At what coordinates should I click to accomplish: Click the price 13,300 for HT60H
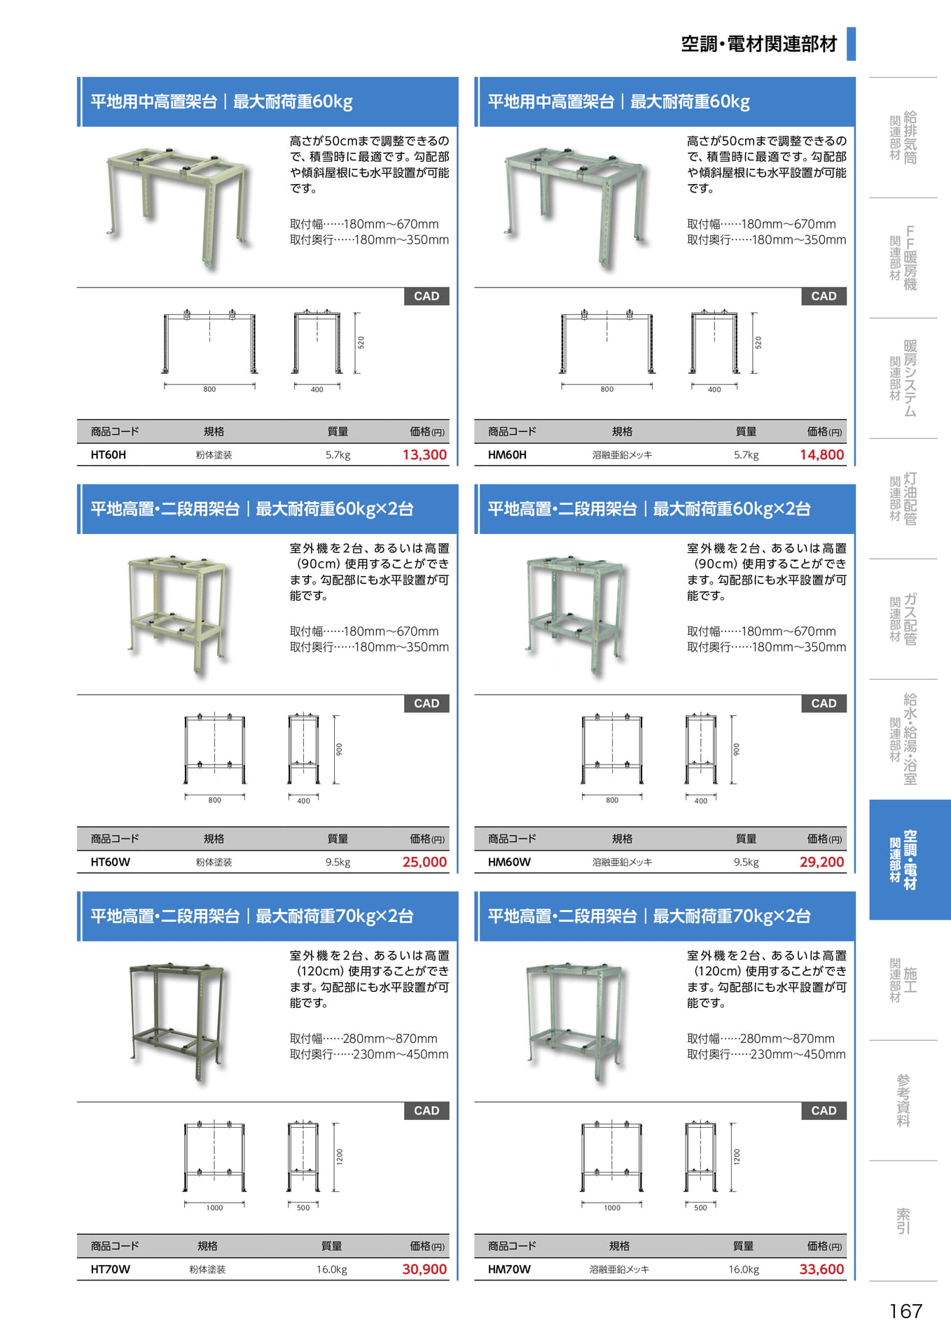[424, 455]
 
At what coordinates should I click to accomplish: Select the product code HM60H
[507, 455]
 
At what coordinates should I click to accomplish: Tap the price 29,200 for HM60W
[822, 862]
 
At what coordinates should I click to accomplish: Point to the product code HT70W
[110, 1270]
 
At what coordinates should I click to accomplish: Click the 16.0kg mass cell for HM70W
[744, 1270]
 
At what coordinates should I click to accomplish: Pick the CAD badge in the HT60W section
[426, 703]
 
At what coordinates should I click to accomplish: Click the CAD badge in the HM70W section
[824, 1111]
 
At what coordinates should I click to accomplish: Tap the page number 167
[905, 1311]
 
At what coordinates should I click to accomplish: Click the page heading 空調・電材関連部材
[759, 44]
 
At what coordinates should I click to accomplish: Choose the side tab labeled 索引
[903, 1221]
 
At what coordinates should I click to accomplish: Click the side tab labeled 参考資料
[903, 1100]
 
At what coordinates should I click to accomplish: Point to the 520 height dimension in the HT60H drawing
[361, 343]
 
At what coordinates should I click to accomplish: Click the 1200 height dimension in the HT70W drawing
[340, 1156]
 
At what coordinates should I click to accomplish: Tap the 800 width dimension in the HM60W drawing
[612, 800]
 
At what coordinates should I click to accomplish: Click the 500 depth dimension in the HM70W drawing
[700, 1207]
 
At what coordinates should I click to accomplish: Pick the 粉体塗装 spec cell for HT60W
[214, 862]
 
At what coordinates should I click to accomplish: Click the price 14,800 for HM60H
[822, 455]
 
